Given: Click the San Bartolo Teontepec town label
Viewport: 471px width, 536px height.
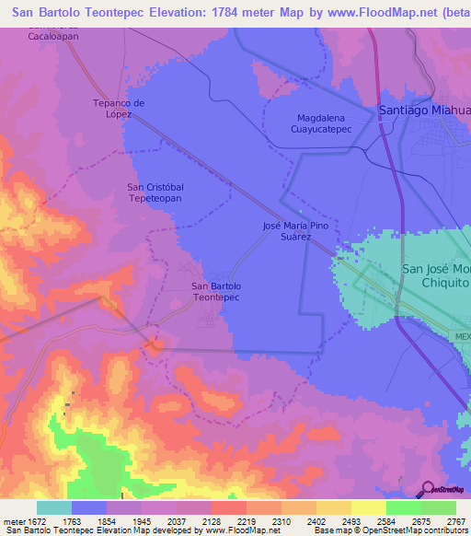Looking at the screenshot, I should click(x=215, y=292).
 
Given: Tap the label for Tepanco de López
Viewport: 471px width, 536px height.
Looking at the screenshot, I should click(x=120, y=109).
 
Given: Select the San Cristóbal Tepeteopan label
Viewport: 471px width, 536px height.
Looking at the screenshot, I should click(x=155, y=192).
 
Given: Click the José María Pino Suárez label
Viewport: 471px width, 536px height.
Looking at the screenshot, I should click(x=294, y=230).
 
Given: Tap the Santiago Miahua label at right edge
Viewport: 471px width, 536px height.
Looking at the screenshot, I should click(x=424, y=111).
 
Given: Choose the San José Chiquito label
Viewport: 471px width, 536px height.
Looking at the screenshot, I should click(x=436, y=276).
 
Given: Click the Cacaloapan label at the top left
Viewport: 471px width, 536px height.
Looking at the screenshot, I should click(x=52, y=35).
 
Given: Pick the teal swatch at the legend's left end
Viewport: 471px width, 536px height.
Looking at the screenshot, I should click(x=54, y=507).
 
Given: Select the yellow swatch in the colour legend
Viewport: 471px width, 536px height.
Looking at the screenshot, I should click(x=368, y=507).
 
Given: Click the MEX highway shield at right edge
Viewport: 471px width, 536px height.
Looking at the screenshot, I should click(x=462, y=336).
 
